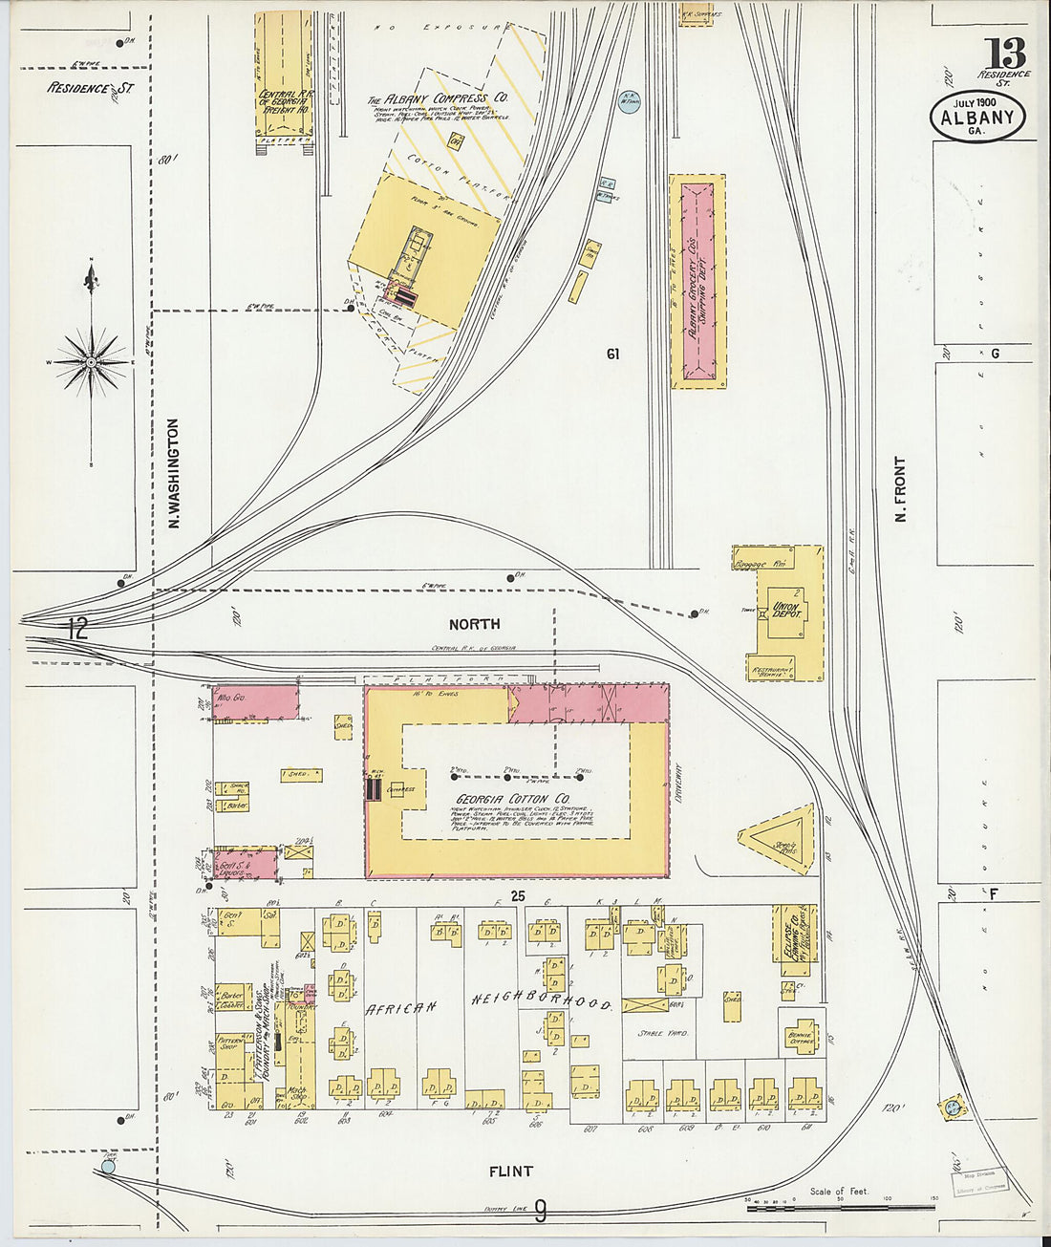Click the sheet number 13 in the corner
1006,54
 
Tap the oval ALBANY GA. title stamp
977,118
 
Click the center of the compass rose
91,362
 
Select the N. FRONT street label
900,490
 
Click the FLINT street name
510,1171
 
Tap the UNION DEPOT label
785,607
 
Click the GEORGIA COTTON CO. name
513,798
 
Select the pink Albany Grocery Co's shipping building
697,280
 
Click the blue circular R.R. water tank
628,102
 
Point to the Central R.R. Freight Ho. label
275,99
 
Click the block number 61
612,354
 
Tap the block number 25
518,895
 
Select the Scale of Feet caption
840,1191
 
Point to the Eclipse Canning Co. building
791,941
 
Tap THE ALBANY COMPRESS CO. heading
438,98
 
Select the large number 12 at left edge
77,628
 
